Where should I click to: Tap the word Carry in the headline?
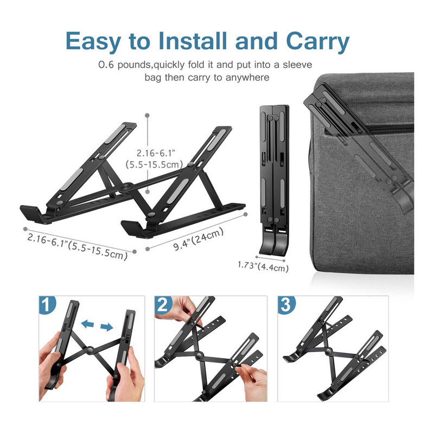pyautogui.click(x=318, y=42)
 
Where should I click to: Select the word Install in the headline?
pyautogui.click(x=193, y=41)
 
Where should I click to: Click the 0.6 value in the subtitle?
pyautogui.click(x=106, y=65)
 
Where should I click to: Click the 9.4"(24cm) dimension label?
pyautogui.click(x=199, y=239)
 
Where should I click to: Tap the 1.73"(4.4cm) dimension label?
pyautogui.click(x=263, y=266)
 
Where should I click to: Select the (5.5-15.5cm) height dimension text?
pyautogui.click(x=154, y=164)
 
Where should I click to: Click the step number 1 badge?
pyautogui.click(x=47, y=304)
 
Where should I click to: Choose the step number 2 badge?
pyautogui.click(x=163, y=304)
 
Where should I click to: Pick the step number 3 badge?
pyautogui.click(x=286, y=304)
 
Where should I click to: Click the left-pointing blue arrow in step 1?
pyautogui.click(x=88, y=323)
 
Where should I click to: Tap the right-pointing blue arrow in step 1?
pyautogui.click(x=106, y=327)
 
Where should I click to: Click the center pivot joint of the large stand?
pyautogui.click(x=127, y=187)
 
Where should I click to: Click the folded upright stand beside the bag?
pyautogui.click(x=274, y=180)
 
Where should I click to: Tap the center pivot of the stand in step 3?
pyautogui.click(x=329, y=352)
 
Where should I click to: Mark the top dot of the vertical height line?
pyautogui.click(x=147, y=115)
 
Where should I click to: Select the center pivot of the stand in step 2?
pyautogui.click(x=199, y=356)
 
